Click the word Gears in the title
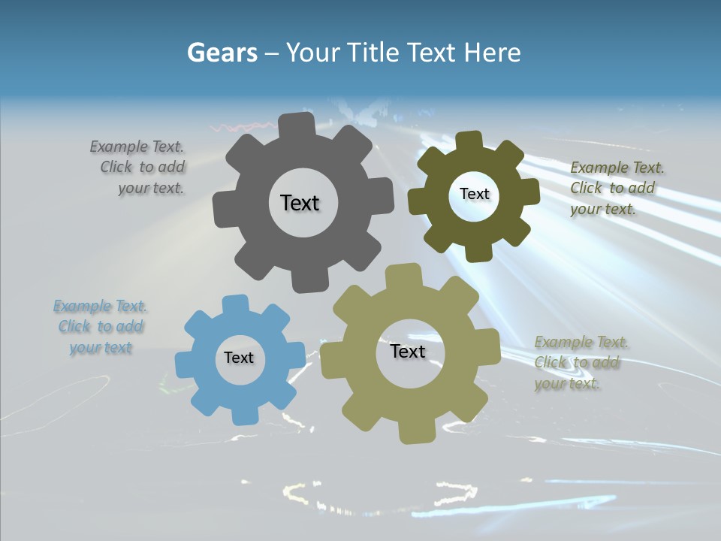pos(222,53)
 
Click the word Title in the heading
pos(378,53)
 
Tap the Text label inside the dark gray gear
pos(300,203)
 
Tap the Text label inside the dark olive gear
pos(474,194)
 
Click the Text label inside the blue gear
pos(239,358)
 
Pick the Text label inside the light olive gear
pos(408,351)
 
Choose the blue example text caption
pos(101,327)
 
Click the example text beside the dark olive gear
pos(616,188)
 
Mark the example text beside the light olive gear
pos(580,363)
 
